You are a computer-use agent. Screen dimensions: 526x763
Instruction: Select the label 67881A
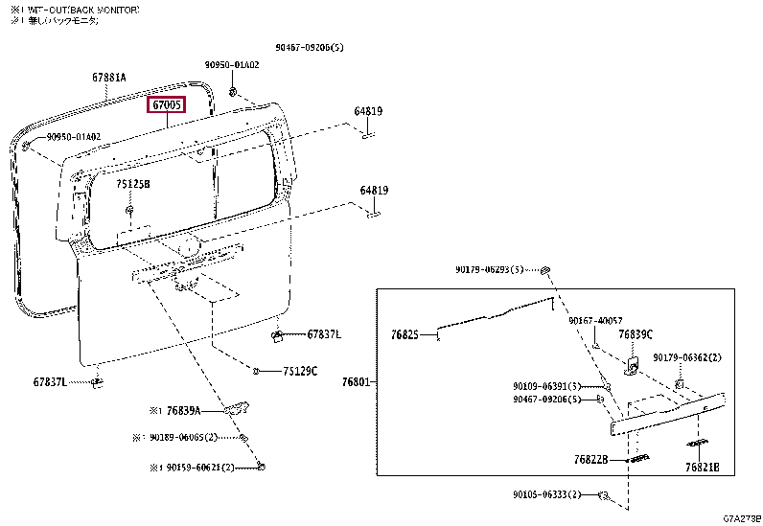[x=109, y=78]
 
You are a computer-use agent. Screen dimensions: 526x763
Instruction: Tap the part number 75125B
[x=133, y=183]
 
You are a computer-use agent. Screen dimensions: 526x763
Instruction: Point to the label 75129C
[x=299, y=371]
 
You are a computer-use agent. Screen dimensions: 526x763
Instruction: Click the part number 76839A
[x=182, y=410]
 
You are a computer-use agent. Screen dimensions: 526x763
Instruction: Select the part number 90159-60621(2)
[x=189, y=468]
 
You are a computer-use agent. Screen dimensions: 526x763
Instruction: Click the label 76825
[x=405, y=335]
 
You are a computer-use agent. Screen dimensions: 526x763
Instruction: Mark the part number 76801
[x=358, y=382]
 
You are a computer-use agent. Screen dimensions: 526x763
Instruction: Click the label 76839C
[x=635, y=334]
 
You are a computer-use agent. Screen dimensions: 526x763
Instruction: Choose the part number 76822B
[x=591, y=460]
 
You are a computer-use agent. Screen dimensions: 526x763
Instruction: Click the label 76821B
[x=708, y=468]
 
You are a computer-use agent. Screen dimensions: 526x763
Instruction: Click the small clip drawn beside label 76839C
[x=634, y=365]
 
